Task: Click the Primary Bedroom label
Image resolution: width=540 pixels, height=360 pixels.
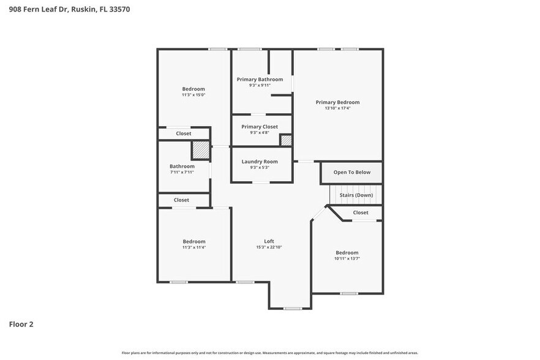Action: (x=337, y=102)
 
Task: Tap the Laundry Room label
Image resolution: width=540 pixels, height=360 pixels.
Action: (x=260, y=162)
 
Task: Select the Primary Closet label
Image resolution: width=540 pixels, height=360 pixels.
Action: (x=260, y=127)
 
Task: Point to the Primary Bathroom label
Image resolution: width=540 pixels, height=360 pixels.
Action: (x=260, y=80)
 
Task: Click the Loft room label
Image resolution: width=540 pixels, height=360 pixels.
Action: (x=269, y=241)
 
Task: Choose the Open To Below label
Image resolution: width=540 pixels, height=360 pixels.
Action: (x=351, y=173)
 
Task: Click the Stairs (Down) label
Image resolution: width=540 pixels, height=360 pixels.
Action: (x=356, y=195)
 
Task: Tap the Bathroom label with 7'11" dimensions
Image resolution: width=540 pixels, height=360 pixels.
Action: (x=182, y=167)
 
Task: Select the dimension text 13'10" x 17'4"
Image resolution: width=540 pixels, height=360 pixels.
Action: (x=337, y=108)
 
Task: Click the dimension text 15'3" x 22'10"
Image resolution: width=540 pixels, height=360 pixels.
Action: (x=269, y=247)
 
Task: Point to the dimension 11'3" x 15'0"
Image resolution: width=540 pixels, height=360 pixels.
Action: (x=193, y=95)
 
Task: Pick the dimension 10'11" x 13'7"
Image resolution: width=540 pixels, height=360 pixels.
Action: (x=347, y=259)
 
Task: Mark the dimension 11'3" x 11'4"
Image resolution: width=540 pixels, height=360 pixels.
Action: (x=193, y=247)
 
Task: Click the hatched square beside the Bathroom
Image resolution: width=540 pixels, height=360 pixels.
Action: (x=200, y=151)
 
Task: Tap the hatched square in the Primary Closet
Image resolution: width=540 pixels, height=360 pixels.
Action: (x=286, y=140)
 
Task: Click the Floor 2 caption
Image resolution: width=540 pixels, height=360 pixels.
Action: (x=21, y=324)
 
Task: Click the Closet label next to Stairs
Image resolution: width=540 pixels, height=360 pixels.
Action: (x=361, y=213)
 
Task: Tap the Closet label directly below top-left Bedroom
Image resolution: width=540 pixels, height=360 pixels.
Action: (x=183, y=133)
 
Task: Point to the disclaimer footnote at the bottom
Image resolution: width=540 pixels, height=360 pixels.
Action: (x=269, y=353)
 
